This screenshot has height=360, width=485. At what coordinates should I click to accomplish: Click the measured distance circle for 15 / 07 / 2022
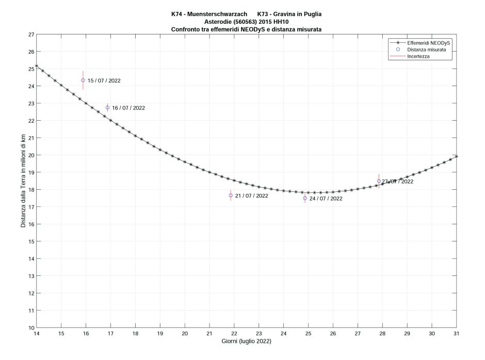click(83, 80)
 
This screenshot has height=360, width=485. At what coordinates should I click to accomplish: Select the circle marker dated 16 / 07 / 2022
click(107, 107)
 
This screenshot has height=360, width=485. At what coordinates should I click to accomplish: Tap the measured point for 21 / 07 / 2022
click(231, 195)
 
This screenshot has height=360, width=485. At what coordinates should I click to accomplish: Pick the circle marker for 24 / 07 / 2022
click(305, 198)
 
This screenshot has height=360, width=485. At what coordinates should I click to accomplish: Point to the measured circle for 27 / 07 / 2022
click(379, 181)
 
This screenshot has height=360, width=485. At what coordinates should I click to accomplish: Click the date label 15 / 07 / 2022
click(104, 81)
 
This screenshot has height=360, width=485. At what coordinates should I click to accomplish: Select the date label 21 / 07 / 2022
click(251, 196)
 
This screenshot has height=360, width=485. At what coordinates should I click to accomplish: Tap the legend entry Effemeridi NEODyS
click(429, 43)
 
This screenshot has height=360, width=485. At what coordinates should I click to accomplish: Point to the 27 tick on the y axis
click(31, 35)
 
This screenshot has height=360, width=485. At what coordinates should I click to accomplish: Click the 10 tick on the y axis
click(31, 328)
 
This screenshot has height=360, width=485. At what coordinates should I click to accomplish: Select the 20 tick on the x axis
click(185, 334)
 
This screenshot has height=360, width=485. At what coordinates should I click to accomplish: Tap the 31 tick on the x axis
click(457, 334)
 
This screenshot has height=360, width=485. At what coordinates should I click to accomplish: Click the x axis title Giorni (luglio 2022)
click(246, 341)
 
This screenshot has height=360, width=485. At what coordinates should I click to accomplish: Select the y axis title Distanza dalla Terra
click(23, 181)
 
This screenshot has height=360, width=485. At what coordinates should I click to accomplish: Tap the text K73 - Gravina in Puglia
click(293, 14)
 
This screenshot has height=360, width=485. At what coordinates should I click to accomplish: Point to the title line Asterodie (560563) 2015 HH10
click(246, 22)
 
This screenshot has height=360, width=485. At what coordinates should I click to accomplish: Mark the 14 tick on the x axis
click(36, 334)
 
